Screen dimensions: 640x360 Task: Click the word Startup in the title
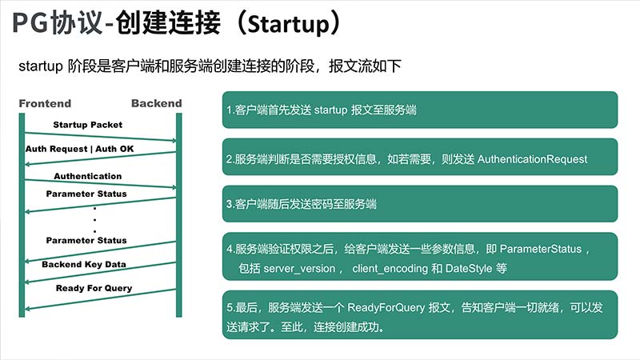(x=288, y=24)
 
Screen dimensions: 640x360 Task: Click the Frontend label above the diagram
(x=45, y=104)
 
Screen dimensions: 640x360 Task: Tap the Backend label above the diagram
(x=156, y=103)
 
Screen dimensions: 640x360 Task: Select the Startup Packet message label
(x=88, y=125)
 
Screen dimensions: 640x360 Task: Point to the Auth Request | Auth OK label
(x=79, y=149)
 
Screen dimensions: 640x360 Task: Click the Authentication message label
(x=88, y=176)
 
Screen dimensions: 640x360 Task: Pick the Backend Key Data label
(x=84, y=265)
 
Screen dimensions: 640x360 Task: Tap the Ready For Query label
(x=94, y=288)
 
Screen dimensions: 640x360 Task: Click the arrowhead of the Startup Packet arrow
(x=174, y=141)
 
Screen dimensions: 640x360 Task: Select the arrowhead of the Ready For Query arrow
(x=27, y=308)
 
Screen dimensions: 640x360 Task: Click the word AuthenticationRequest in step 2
(x=532, y=159)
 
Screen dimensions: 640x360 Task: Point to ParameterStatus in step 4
(x=541, y=249)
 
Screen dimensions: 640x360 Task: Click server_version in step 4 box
(x=299, y=269)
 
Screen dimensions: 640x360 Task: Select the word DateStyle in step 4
(x=469, y=269)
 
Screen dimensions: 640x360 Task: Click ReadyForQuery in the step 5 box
(x=386, y=307)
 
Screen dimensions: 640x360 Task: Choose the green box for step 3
(x=420, y=204)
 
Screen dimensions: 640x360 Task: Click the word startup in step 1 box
(x=330, y=110)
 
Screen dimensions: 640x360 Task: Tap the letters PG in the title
(x=30, y=23)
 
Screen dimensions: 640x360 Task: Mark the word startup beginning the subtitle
(x=41, y=66)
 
